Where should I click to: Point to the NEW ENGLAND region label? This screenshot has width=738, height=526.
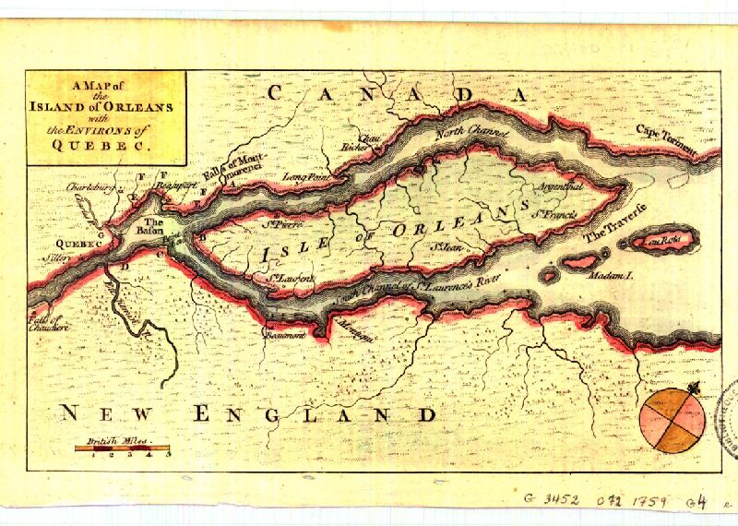click(x=248, y=414)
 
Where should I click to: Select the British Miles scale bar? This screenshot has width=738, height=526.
click(x=122, y=448)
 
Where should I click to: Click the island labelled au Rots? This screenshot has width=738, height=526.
click(x=660, y=242)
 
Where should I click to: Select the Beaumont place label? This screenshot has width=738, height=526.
click(x=285, y=334)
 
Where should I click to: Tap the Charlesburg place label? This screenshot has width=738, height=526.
click(x=67, y=187)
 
